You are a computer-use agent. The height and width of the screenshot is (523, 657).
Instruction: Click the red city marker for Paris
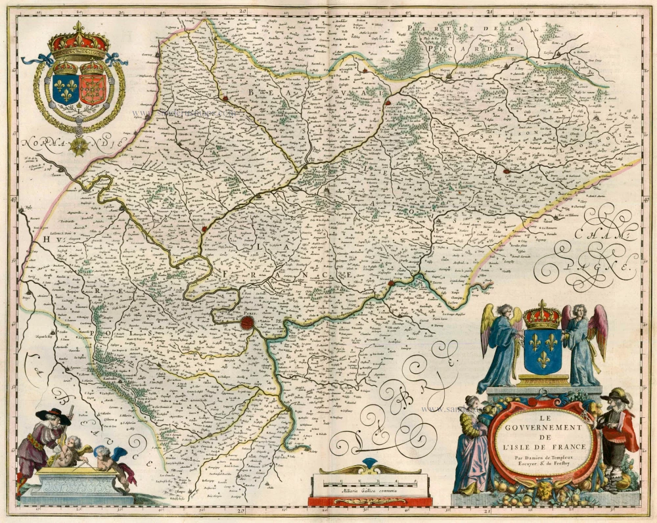(x=247, y=322)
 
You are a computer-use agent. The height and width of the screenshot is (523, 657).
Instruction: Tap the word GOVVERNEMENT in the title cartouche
(x=542, y=427)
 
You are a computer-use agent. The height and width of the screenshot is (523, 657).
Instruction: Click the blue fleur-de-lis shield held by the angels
(x=543, y=352)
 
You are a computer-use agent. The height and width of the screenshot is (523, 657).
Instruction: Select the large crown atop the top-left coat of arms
(x=79, y=41)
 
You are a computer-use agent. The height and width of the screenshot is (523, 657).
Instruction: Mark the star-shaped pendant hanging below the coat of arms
(x=80, y=144)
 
